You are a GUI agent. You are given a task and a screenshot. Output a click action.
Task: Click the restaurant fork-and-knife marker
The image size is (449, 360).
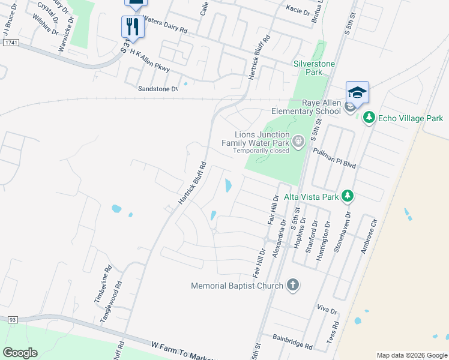click(x=133, y=26)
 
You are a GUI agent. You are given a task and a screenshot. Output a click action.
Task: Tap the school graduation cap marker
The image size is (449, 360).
click(x=357, y=92)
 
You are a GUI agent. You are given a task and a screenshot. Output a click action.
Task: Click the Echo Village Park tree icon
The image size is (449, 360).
click(x=370, y=118)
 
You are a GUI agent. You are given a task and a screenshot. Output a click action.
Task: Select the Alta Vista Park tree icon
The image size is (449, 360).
click(x=346, y=196)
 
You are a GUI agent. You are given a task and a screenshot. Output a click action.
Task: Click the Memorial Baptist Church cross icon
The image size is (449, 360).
click(x=292, y=285)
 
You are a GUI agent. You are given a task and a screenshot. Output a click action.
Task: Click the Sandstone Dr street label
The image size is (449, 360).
click(x=158, y=89)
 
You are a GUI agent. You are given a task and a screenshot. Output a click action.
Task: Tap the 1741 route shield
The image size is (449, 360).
click(x=11, y=43)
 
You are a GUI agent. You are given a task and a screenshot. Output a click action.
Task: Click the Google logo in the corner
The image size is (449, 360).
click(x=20, y=352)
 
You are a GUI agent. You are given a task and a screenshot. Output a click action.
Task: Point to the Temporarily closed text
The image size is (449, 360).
click(x=262, y=151)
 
